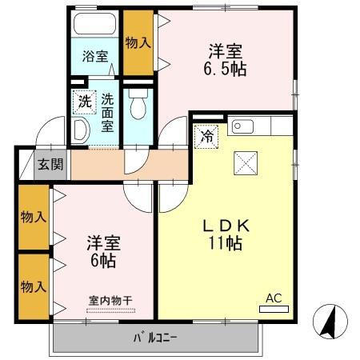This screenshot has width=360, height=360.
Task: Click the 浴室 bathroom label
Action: coord(94,56)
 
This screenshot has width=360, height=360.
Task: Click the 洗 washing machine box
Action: coord(83,102)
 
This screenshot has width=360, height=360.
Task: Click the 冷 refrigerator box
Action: coord(206,137)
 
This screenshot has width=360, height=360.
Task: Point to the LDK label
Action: coord(226,226)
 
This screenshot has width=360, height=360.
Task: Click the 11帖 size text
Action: coord(226,244)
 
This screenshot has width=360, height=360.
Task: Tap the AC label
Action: coord(274,298)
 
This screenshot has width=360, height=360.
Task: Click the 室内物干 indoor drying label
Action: coord(110,300)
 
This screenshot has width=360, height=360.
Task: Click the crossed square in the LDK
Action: coord(244,165)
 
